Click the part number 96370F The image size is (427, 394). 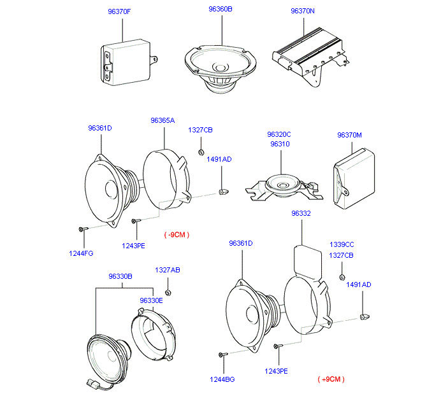tap(118, 11)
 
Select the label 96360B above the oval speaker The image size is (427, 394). tap(221, 10)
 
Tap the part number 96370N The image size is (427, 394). tap(303, 11)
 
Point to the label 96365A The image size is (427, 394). tap(163, 120)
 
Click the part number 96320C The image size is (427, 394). tap(279, 134)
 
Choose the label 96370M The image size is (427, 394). tap(349, 134)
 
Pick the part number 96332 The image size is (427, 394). tap(301, 214)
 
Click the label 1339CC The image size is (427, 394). tap(342, 244)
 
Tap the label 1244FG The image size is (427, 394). tap(81, 253)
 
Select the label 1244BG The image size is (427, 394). tap(222, 379)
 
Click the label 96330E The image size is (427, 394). tap(151, 300)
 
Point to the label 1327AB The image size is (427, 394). tap(168, 270)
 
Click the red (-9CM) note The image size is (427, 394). tap(177, 235)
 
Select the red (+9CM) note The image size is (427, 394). tap(331, 379)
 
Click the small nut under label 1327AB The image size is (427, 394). tap(168, 292)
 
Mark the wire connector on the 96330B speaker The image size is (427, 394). tap(91, 383)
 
